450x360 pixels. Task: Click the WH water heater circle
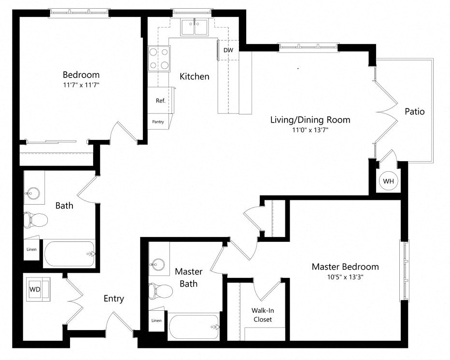389,181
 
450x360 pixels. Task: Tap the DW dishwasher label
228,50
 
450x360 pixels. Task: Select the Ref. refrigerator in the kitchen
160,101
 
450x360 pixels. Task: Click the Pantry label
158,122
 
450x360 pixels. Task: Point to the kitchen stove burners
159,58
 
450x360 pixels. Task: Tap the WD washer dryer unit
35,290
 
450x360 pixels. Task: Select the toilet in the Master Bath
161,291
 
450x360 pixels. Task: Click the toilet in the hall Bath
36,220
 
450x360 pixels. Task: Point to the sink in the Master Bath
157,264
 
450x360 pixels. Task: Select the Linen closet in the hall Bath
32,250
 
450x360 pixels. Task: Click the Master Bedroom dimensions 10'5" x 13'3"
345,277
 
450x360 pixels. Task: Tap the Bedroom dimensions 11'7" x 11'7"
81,85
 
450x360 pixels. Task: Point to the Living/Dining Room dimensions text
310,130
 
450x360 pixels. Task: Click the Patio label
414,111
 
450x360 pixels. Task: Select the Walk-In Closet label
262,315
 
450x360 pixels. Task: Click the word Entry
114,299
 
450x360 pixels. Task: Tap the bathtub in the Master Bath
193,327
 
